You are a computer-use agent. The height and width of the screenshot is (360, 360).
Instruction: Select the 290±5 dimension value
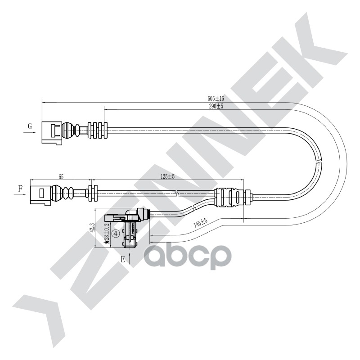click(x=216, y=106)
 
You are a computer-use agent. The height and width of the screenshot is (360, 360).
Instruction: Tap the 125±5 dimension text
click(x=167, y=177)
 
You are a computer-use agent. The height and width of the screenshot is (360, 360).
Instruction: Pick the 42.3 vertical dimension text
click(x=92, y=229)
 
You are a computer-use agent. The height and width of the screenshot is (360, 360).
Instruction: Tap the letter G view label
click(x=30, y=126)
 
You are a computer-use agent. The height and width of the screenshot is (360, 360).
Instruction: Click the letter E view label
click(x=122, y=259)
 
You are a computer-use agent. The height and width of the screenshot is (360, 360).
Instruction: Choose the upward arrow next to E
click(x=130, y=258)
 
